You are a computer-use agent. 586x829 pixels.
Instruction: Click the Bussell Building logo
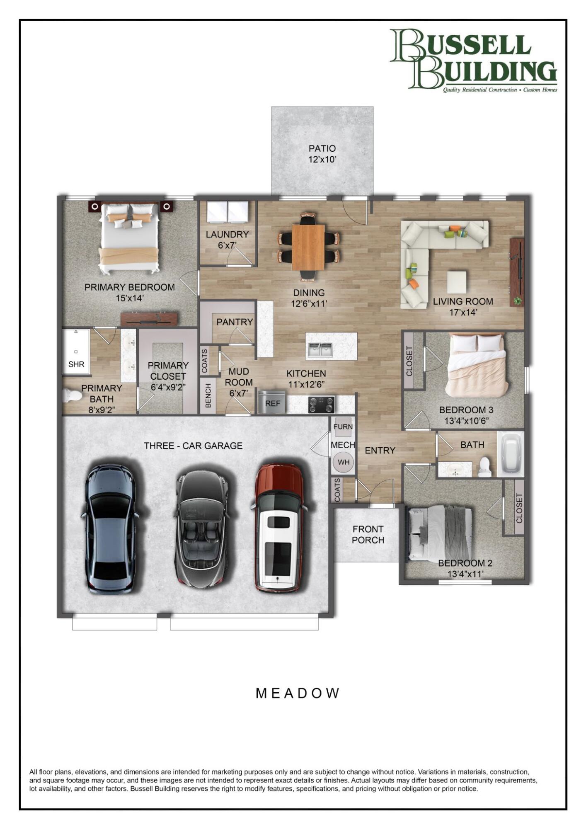(x=473, y=60)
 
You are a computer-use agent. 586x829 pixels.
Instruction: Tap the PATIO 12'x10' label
(x=322, y=154)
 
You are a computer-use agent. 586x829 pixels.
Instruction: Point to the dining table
(x=308, y=247)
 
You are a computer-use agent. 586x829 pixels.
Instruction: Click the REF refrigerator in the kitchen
(x=272, y=402)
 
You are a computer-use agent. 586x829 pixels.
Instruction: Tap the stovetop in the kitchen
(x=321, y=405)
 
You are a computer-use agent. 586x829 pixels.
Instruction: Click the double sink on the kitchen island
(x=320, y=350)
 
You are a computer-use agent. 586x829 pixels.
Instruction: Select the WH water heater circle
(x=344, y=462)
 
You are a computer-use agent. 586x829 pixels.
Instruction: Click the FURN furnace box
(x=343, y=427)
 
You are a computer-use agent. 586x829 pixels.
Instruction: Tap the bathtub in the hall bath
(x=510, y=454)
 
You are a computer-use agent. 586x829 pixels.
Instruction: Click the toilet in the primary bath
(x=72, y=395)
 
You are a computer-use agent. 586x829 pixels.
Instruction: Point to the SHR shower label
(x=76, y=364)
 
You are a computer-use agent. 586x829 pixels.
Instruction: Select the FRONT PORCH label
(x=368, y=534)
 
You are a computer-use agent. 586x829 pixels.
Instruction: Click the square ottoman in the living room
(x=457, y=282)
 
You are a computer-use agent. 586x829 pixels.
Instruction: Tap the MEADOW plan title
(x=298, y=693)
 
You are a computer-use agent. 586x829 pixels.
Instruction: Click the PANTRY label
(x=235, y=322)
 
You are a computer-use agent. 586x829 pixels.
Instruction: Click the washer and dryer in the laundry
(x=227, y=212)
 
